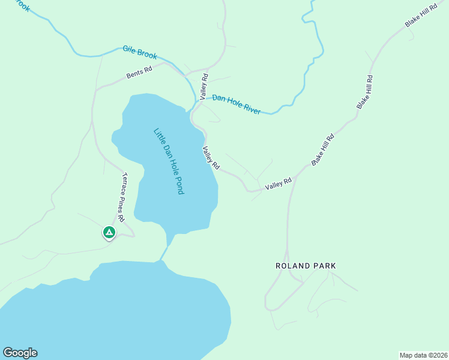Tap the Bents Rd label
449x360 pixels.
pos(139,73)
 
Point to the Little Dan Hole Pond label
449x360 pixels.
pos(168,161)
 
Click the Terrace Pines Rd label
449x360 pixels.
pos(122,197)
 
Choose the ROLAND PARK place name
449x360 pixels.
pos(305,265)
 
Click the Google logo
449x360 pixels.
pos(20,353)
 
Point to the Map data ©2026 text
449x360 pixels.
pos(423,355)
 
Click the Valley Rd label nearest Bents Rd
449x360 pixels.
pos(205,86)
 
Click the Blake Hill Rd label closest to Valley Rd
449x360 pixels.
pos(322,149)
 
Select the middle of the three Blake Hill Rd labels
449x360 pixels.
pos(366,92)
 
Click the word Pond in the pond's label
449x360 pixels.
pos(177,185)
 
